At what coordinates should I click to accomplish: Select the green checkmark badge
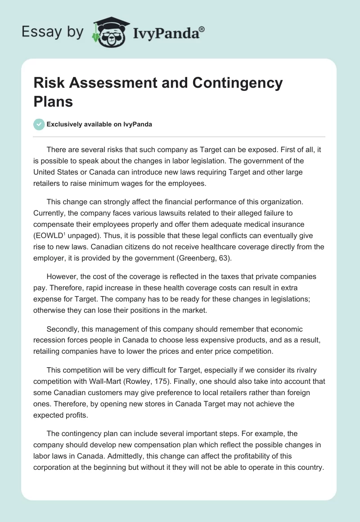coord(39,124)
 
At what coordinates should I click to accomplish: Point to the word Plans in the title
coord(53,101)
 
